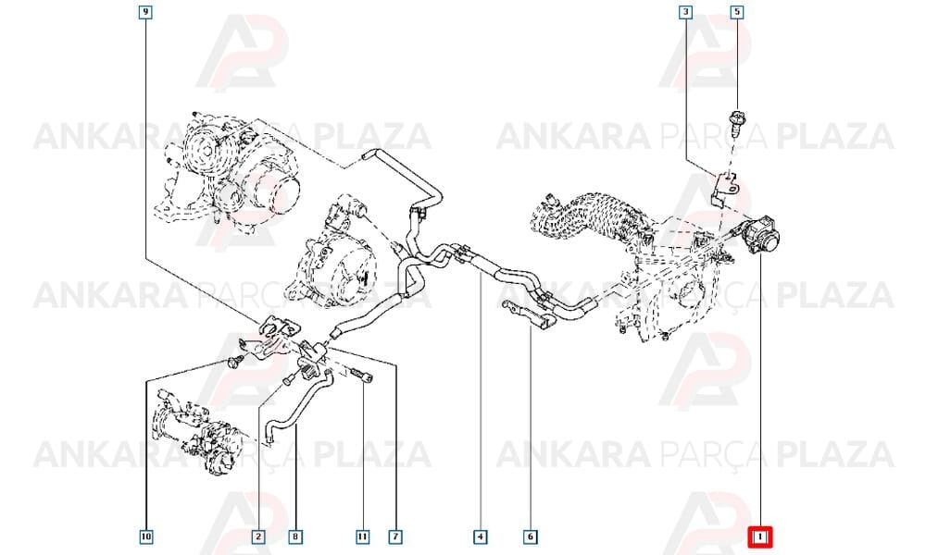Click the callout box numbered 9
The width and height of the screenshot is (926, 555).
[146, 12]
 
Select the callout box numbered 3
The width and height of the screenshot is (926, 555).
[685, 12]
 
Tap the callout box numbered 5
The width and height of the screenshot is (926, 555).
[736, 12]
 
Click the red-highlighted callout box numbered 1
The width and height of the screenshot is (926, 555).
[760, 536]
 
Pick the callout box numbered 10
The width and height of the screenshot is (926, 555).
[146, 536]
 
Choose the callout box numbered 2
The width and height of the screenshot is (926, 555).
[258, 536]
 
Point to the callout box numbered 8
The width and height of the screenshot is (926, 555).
[295, 536]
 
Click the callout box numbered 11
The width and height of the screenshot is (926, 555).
[362, 536]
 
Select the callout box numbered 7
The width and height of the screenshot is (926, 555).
[395, 536]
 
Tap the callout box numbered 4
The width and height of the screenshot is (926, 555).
[480, 536]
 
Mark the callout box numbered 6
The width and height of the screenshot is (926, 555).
[530, 536]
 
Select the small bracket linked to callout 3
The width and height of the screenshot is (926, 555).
[724, 189]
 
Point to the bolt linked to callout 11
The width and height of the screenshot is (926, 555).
[361, 376]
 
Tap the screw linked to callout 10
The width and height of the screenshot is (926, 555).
[234, 362]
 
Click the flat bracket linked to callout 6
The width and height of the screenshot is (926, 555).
[530, 313]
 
